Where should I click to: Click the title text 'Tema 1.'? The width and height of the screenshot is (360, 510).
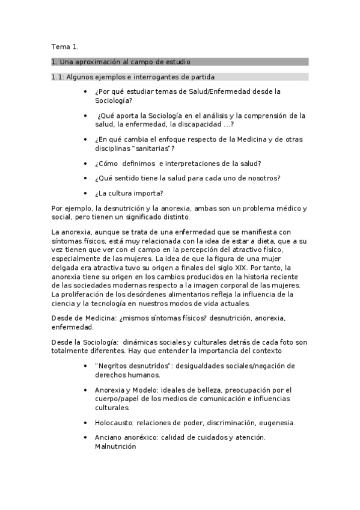65,46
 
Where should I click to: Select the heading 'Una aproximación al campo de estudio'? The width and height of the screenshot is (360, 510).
124,62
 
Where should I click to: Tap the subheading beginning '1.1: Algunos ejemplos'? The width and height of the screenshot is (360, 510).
133,77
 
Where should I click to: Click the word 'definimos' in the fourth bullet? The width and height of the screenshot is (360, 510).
138,163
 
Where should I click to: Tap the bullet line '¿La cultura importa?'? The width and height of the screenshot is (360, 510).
129,193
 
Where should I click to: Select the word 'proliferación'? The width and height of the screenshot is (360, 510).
89,294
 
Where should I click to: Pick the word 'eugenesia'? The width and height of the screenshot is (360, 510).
276,423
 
